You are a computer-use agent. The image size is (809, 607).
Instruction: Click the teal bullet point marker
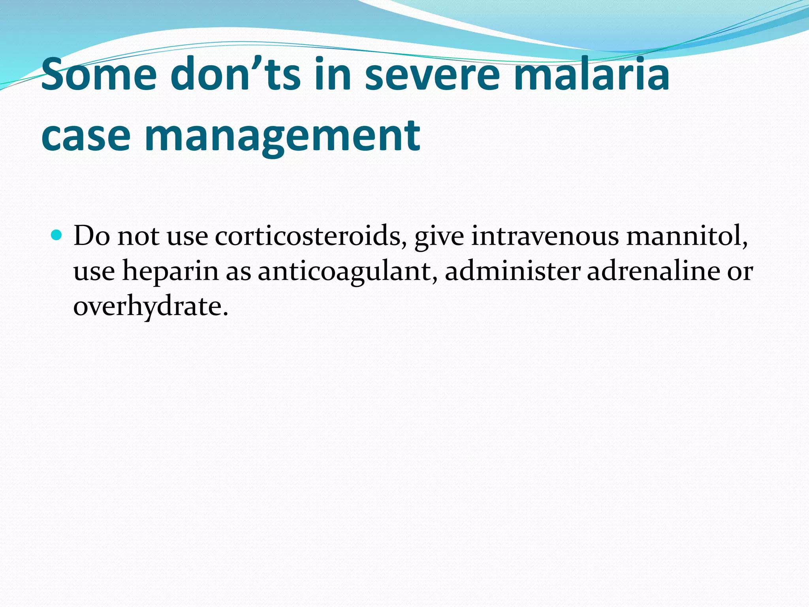[x=57, y=236]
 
